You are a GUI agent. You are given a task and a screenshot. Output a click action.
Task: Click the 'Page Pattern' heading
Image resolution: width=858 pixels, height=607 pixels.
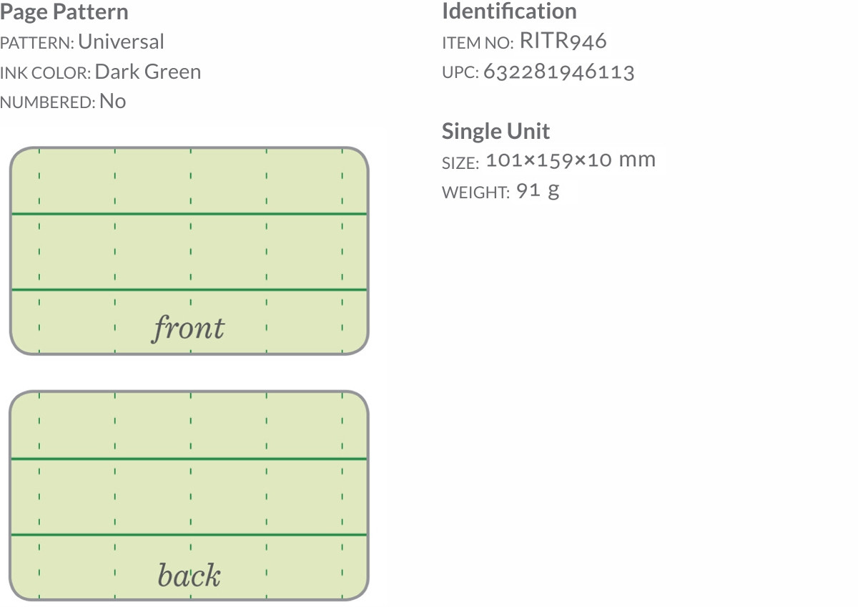click(64, 12)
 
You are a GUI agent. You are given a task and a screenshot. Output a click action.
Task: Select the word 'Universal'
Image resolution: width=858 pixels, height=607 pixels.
click(121, 42)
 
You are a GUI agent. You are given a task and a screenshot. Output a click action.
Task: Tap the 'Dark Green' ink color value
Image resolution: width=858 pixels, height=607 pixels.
click(147, 72)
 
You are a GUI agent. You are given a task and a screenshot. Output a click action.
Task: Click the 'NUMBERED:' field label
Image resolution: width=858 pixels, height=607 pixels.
click(47, 103)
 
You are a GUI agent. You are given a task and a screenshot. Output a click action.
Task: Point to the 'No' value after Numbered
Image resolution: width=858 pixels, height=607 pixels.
click(113, 102)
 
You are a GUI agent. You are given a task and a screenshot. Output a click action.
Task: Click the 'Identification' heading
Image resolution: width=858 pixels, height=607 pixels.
click(509, 11)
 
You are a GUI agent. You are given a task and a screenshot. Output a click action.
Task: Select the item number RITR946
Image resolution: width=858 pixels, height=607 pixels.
click(563, 42)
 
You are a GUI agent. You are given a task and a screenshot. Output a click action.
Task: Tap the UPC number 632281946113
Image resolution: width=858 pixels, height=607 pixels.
click(559, 72)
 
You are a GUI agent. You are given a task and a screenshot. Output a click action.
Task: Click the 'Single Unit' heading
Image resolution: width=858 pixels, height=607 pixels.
click(495, 132)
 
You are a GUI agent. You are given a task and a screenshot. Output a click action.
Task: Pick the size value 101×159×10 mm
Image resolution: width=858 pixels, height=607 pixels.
click(571, 160)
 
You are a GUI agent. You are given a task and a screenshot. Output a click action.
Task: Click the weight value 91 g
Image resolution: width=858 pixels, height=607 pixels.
click(538, 191)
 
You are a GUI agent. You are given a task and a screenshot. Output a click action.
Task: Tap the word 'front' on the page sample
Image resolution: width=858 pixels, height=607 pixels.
click(188, 329)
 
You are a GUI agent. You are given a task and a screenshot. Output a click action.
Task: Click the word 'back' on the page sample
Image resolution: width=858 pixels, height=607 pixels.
click(189, 576)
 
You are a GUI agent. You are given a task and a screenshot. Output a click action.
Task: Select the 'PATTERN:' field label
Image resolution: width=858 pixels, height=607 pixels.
click(37, 44)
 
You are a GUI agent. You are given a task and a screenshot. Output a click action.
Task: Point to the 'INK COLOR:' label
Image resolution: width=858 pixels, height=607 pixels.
click(45, 74)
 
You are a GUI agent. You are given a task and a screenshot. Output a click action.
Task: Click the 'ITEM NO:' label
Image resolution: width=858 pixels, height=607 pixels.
click(478, 44)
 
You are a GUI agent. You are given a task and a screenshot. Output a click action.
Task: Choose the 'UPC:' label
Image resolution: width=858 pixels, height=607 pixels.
click(460, 74)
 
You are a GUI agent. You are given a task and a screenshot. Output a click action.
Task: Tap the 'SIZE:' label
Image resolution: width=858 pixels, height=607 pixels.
click(460, 163)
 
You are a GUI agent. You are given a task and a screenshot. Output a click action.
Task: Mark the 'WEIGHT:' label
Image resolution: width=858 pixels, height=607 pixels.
click(475, 193)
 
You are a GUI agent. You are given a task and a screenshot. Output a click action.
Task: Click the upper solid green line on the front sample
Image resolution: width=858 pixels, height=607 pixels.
click(189, 214)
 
